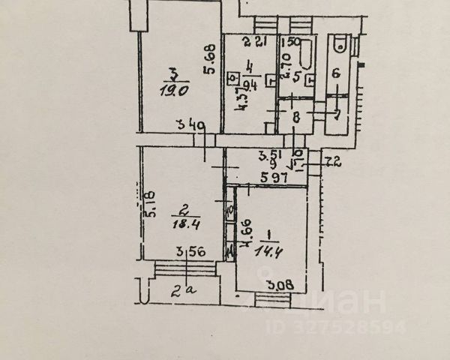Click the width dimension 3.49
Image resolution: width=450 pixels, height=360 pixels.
coord(190,127)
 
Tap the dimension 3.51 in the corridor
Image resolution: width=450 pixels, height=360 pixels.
coord(268,156)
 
